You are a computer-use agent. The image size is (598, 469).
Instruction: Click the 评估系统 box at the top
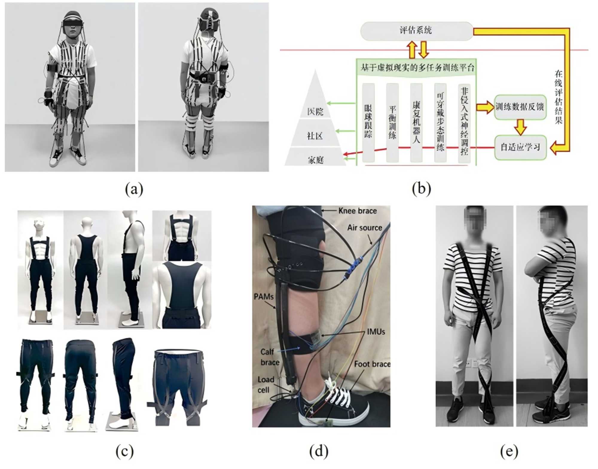pyautogui.click(x=416, y=30)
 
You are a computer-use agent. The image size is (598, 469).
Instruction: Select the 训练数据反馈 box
pyautogui.click(x=520, y=107)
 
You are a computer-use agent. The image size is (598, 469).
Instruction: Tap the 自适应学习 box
pyautogui.click(x=520, y=147)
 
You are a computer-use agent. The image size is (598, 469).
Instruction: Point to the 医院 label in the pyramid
pyautogui.click(x=315, y=112)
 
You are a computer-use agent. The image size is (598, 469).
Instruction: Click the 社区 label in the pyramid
pyautogui.click(x=315, y=136)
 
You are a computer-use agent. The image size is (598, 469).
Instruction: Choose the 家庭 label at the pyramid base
pyautogui.click(x=315, y=160)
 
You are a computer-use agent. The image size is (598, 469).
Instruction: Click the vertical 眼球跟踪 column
pyautogui.click(x=368, y=122)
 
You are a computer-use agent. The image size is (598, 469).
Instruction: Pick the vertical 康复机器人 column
pyautogui.click(x=416, y=122)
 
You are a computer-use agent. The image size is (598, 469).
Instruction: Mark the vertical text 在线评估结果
pyautogui.click(x=559, y=97)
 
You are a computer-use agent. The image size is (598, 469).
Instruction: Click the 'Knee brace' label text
pyautogui.click(x=357, y=211)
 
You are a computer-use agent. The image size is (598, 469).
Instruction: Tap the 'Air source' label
pyautogui.click(x=364, y=228)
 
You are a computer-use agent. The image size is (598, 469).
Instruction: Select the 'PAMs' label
pyautogui.click(x=263, y=297)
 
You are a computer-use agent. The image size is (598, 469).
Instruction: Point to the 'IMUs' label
pyautogui.click(x=376, y=332)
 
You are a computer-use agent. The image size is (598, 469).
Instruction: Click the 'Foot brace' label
pyautogui.click(x=372, y=364)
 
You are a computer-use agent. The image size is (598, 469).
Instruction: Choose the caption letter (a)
pyautogui.click(x=134, y=189)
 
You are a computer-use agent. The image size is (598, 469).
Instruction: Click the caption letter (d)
pyautogui.click(x=318, y=451)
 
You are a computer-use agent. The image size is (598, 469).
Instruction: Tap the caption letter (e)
pyautogui.click(x=509, y=451)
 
